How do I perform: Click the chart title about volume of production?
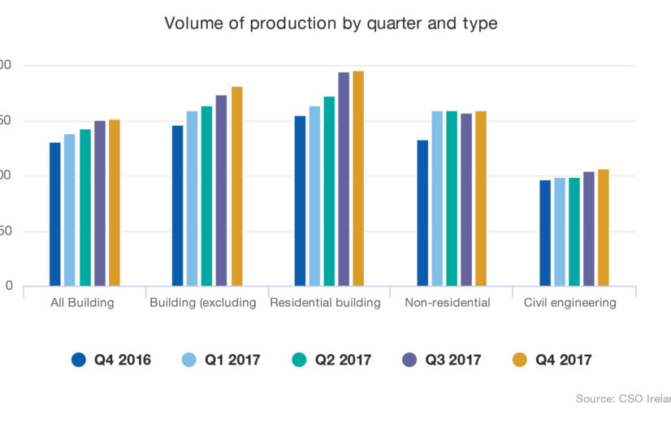(331, 24)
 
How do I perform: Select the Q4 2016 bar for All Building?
(55, 214)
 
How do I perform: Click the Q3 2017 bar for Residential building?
(344, 179)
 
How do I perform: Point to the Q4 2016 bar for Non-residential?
(422, 214)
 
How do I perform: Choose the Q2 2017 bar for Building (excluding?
(206, 197)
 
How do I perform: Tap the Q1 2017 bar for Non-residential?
(437, 199)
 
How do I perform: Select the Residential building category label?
(325, 303)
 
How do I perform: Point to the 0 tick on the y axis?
(9, 286)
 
